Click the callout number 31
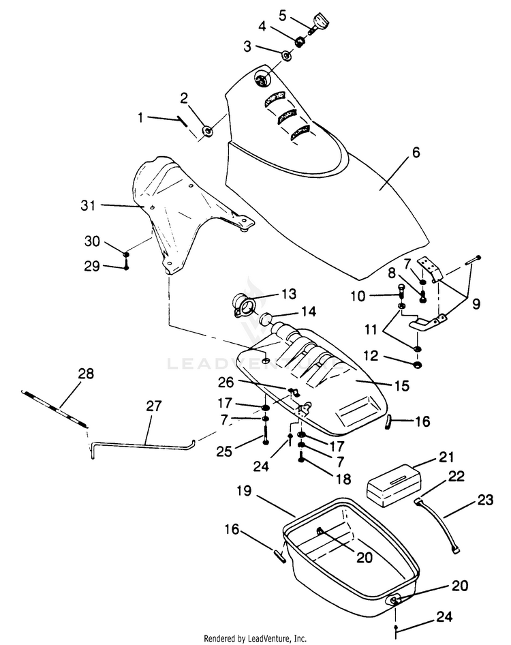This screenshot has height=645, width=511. click(x=88, y=205)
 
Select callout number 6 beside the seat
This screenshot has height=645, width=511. click(x=416, y=152)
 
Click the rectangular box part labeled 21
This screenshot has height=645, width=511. click(x=394, y=485)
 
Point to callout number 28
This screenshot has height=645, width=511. click(x=86, y=373)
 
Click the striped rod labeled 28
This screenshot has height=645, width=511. click(x=55, y=408)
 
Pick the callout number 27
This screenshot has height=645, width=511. click(x=154, y=406)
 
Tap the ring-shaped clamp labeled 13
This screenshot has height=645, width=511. click(x=244, y=305)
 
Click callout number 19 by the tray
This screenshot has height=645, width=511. click(x=244, y=490)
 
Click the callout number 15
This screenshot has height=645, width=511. click(x=402, y=386)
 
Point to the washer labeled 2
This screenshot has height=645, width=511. click(x=208, y=131)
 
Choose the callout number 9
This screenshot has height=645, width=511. click(x=476, y=304)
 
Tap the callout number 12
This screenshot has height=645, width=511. click(x=371, y=355)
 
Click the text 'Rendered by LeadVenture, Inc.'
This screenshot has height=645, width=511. click(x=255, y=638)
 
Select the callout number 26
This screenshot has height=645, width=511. click(x=226, y=382)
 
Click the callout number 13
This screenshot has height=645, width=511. click(x=289, y=294)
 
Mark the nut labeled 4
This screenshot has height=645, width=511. click(x=300, y=41)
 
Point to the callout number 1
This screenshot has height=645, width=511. click(x=140, y=117)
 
